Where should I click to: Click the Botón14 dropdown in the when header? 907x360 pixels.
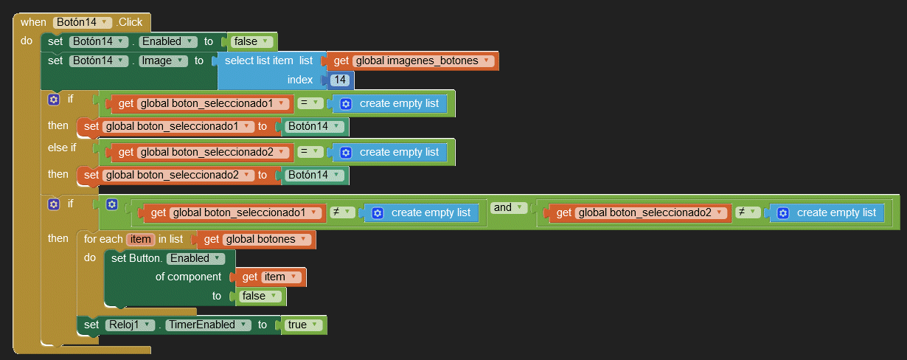coord(83,22)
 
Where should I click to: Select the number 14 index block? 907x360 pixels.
coord(340,80)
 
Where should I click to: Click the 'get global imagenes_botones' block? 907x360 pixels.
coord(413,60)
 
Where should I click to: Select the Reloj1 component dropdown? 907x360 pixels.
coord(128,325)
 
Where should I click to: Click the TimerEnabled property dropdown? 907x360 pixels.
coord(206,325)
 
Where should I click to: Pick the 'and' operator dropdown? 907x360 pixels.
coord(510,208)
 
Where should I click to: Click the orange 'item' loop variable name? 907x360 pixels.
coord(140,239)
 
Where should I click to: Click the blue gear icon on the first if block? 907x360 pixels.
coord(53,99)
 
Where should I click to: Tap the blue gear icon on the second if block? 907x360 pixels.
coord(53,204)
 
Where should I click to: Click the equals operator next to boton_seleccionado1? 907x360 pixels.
coord(310,103)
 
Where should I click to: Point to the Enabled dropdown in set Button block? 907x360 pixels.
coord(197,258)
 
